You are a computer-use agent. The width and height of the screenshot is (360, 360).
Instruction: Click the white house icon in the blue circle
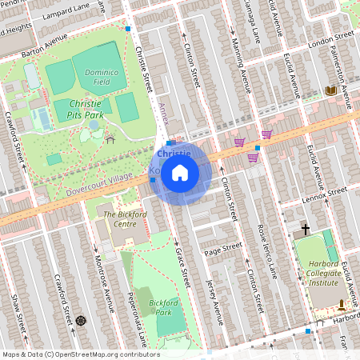[x=180, y=173]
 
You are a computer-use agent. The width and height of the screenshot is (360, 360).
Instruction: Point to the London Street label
[x=330, y=38]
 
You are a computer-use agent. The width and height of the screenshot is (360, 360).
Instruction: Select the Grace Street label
[x=182, y=264]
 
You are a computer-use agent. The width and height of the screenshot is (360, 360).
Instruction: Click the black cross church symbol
[x=305, y=230]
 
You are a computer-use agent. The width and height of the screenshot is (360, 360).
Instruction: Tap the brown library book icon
[x=330, y=90]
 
